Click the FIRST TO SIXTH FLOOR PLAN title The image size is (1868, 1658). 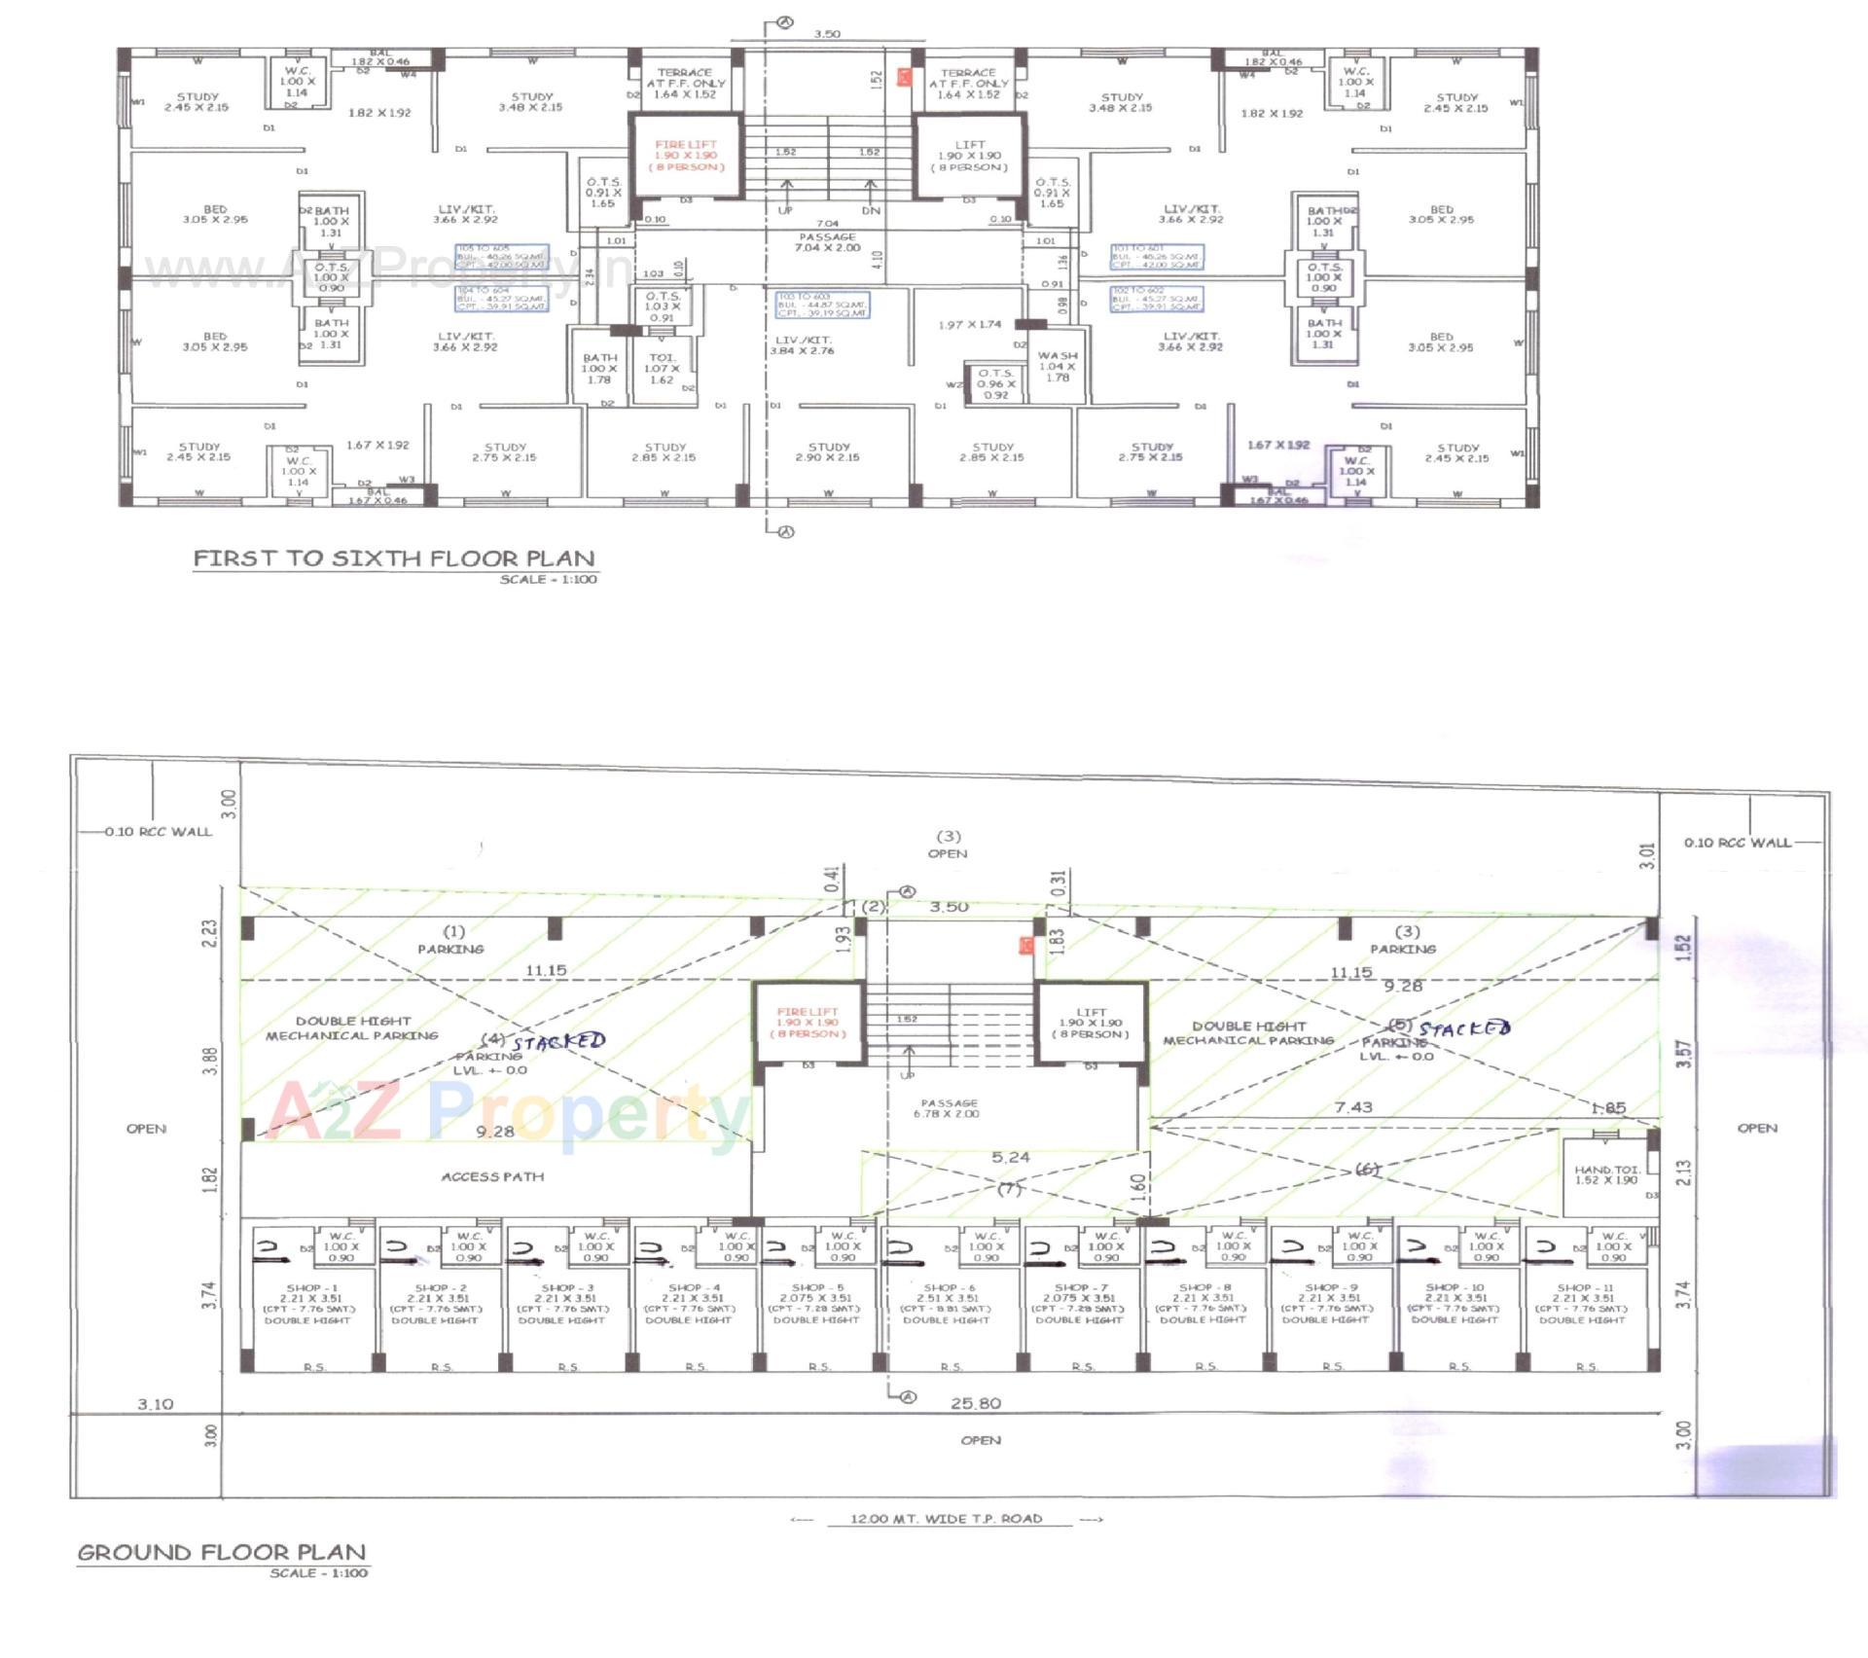[x=393, y=559]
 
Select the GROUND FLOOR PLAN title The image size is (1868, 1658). [x=222, y=1552]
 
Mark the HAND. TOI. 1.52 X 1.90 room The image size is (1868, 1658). [x=1606, y=1175]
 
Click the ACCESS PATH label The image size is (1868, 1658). [x=492, y=1176]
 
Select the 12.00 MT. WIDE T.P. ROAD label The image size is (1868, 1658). [x=946, y=1519]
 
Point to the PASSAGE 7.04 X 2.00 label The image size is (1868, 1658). [x=828, y=242]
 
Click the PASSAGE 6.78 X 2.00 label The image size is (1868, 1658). [x=948, y=1108]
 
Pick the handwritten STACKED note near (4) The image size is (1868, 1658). [x=558, y=1041]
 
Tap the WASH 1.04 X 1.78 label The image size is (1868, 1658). [x=1058, y=366]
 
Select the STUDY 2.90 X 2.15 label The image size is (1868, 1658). [x=828, y=451]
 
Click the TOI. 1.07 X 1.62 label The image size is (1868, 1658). [x=662, y=369]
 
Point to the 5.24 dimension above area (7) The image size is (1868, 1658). [x=1010, y=1157]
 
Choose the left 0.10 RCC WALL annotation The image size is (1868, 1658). [x=158, y=832]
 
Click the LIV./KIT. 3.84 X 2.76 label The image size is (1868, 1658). [x=803, y=345]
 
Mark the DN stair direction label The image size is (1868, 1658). [x=871, y=210]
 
